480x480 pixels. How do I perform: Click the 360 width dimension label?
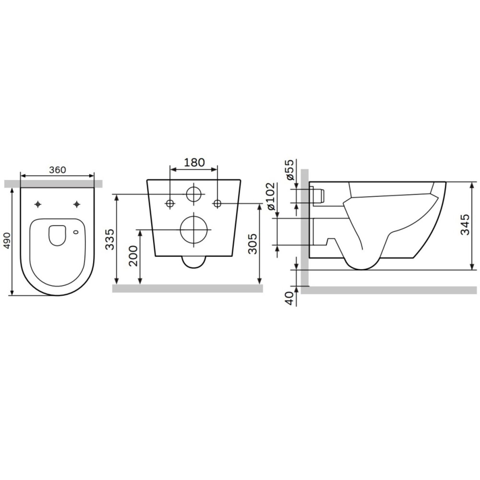pyautogui.click(x=57, y=170)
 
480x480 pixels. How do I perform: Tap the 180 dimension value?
pyautogui.click(x=194, y=163)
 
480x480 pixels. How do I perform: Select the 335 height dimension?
pyautogui.click(x=110, y=239)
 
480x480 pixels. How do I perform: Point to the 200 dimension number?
pyautogui.click(x=133, y=256)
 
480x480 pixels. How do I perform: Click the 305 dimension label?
pyautogui.click(x=252, y=244)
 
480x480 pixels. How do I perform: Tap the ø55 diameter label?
pyautogui.click(x=289, y=171)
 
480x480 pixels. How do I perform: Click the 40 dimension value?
pyautogui.click(x=289, y=298)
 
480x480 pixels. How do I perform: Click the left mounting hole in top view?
pyautogui.click(x=38, y=204)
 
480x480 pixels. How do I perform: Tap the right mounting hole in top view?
pyautogui.click(x=76, y=204)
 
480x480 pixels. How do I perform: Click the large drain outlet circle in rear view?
pyautogui.click(x=194, y=230)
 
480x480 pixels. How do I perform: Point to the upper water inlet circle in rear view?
pyautogui.click(x=194, y=194)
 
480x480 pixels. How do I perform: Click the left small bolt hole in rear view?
pyautogui.click(x=170, y=203)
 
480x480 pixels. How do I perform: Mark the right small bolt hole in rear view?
pyautogui.click(x=217, y=203)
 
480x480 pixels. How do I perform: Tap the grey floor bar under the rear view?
pyautogui.click(x=188, y=288)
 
